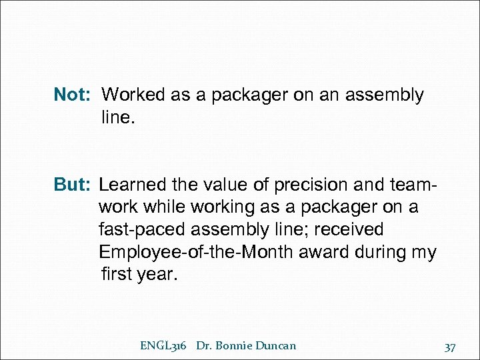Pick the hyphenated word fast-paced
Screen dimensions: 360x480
[x=142, y=230]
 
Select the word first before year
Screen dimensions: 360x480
[x=117, y=275]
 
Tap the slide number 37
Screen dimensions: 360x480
[x=450, y=347]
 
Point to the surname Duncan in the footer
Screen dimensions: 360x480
[x=277, y=345]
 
